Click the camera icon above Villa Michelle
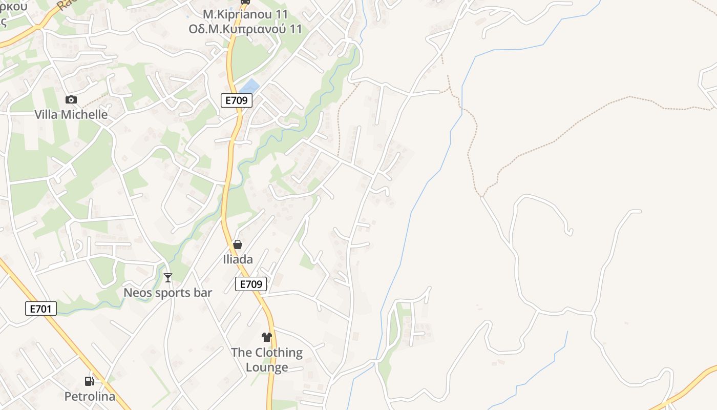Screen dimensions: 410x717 point(71,99)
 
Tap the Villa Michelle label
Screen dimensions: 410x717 point(71,114)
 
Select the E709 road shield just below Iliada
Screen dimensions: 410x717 point(251,284)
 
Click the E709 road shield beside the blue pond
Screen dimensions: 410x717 point(237,100)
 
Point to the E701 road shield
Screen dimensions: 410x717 point(41,309)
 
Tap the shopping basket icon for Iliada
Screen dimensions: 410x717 point(238,244)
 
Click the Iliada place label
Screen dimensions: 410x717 point(238,259)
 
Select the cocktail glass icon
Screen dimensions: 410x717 point(167,278)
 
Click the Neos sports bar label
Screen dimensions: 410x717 point(168,293)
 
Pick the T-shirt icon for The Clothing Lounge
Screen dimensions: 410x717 point(266,337)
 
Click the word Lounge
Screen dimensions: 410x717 point(267,367)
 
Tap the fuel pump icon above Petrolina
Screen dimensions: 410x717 point(90,381)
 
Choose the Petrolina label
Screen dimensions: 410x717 point(90,396)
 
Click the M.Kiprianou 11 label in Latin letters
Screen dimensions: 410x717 point(245,14)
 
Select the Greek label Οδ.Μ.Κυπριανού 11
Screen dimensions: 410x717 point(245,29)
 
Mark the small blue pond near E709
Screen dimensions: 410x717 point(250,86)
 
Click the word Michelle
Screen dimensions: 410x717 point(88,114)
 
